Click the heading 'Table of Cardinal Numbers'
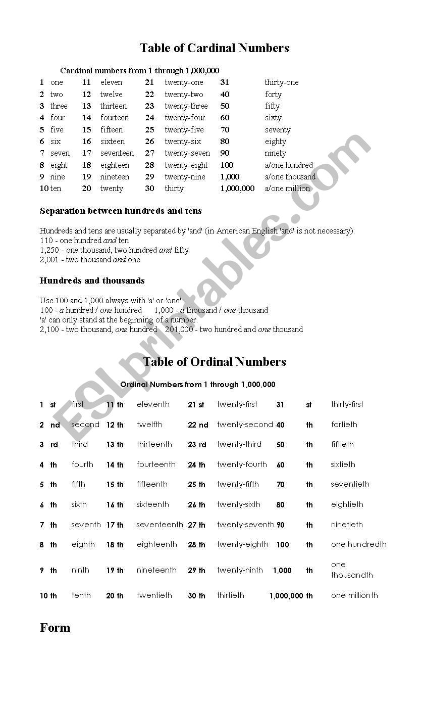click(214, 48)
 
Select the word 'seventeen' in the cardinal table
click(117, 153)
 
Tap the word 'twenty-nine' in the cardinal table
click(185, 177)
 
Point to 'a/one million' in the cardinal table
click(287, 189)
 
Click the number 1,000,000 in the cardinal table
click(237, 189)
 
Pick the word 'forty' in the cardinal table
click(273, 95)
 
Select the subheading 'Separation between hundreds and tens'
click(121, 211)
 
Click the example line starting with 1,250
click(114, 250)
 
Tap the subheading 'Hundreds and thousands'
click(92, 280)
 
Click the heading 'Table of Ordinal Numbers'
click(215, 362)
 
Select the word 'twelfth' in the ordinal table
click(149, 425)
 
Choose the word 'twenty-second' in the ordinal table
click(245, 425)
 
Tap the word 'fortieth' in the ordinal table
click(344, 425)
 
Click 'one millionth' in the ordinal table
click(354, 595)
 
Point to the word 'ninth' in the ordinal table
click(80, 570)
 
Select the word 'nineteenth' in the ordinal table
click(156, 570)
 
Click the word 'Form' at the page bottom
click(55, 628)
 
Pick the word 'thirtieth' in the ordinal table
click(231, 595)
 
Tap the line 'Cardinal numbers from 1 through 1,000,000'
click(140, 71)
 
